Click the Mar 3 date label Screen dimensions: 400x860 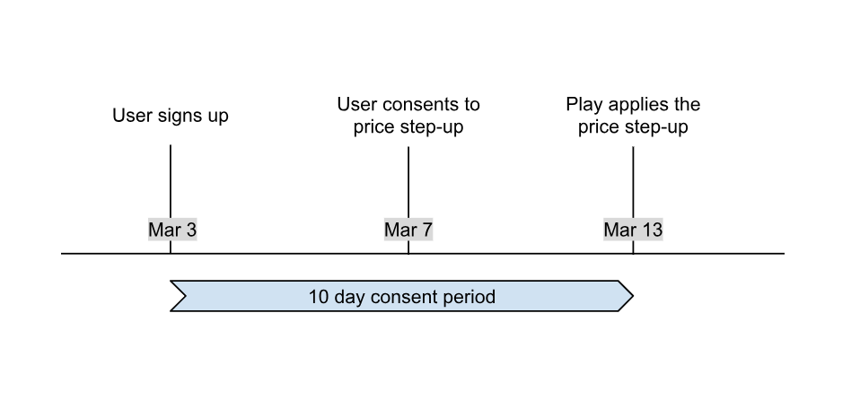171,230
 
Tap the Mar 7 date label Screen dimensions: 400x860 408,230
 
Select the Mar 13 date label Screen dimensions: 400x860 633,230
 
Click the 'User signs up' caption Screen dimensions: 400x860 171,116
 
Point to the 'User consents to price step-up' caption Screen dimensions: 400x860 408,116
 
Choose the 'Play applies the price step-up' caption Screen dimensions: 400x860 633,116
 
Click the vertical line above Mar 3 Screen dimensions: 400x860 171,179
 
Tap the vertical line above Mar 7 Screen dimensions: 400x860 408,179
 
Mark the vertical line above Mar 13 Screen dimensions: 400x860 633,179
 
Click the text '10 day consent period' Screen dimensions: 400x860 401,297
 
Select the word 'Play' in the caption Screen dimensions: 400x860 584,105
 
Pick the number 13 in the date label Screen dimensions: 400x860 652,230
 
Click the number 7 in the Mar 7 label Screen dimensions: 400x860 426,230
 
